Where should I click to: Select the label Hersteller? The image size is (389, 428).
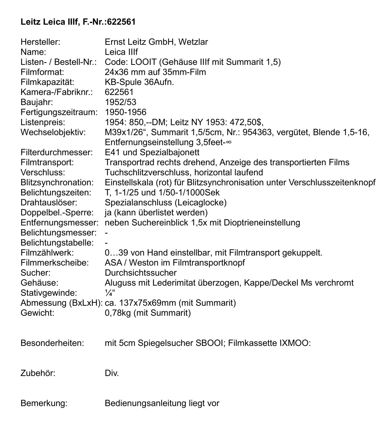(41, 42)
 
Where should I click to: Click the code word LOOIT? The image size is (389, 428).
(142, 62)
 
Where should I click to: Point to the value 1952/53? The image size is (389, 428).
(121, 102)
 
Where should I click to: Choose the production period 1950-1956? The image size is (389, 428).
(125, 112)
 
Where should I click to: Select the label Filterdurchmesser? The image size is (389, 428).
(57, 152)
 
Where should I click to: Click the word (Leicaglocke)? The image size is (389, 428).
(200, 203)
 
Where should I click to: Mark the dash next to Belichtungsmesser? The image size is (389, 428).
(106, 232)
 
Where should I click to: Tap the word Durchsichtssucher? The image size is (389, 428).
(141, 273)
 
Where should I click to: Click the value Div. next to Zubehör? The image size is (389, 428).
(112, 373)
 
